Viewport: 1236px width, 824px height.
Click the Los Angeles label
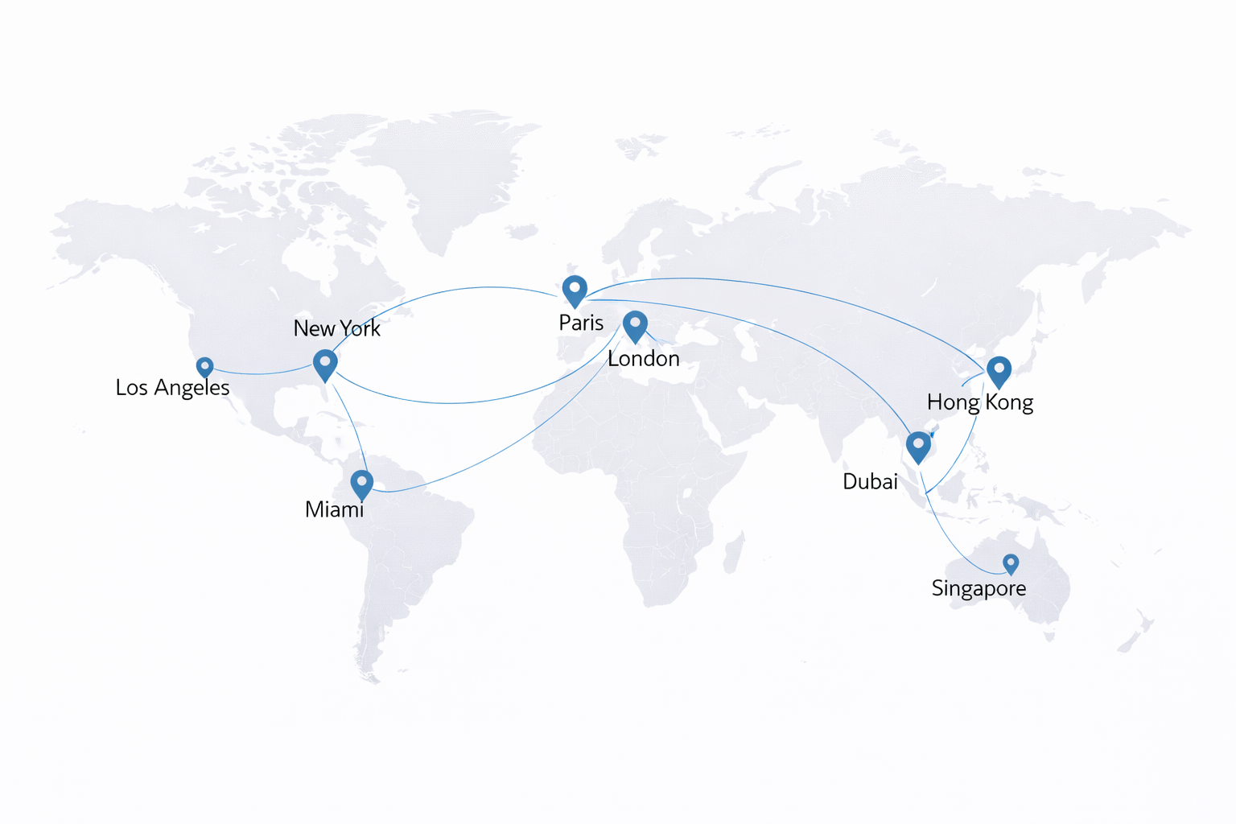tap(172, 388)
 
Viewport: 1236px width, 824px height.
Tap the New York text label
tap(336, 328)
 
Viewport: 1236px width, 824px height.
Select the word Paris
tap(581, 323)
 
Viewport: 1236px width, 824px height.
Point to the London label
tap(643, 358)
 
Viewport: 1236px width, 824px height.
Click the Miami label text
tap(334, 509)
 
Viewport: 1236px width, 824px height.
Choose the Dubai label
tap(870, 481)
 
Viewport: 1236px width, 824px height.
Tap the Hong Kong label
tap(979, 402)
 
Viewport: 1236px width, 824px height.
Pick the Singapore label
tap(978, 588)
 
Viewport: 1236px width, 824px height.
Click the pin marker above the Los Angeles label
tap(205, 367)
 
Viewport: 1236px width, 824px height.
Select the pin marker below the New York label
tap(325, 364)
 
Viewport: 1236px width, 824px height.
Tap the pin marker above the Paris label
tap(575, 290)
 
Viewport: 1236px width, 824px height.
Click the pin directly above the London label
tap(636, 325)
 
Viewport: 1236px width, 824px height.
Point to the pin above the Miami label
tap(362, 484)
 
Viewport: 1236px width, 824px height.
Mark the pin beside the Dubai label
tap(918, 447)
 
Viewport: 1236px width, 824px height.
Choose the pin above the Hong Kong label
tap(999, 371)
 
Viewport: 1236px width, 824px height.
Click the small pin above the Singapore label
tap(1011, 562)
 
